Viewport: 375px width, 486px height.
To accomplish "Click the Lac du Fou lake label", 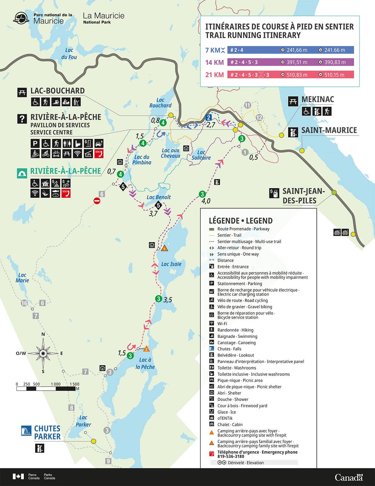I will [69, 54].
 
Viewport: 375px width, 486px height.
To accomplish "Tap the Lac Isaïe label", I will [171, 264].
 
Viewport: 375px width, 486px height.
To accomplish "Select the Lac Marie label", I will [22, 278].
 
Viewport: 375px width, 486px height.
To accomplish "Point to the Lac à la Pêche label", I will [145, 363].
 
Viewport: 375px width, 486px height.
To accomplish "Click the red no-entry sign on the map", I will [97, 201].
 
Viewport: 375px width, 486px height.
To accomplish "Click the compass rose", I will [43, 353].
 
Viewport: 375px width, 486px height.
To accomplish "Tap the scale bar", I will [46, 389].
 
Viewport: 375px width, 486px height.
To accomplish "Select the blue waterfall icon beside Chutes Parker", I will [26, 431].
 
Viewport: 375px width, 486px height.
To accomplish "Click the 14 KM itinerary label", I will [214, 62].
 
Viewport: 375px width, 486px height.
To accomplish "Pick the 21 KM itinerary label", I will [214, 75].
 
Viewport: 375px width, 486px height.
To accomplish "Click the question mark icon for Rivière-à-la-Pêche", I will [22, 119].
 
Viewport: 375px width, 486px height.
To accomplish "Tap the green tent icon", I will [22, 173].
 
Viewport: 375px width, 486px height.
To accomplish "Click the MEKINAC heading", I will [317, 100].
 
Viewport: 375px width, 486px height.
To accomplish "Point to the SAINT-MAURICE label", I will [329, 130].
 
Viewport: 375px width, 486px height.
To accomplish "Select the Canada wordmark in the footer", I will [349, 477].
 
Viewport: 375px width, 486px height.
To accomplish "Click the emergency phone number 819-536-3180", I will [231, 456].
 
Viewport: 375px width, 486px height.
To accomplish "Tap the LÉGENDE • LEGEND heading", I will [241, 221].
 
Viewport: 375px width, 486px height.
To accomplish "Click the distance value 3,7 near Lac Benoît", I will [153, 214].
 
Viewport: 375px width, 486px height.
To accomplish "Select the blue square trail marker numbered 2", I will [209, 118].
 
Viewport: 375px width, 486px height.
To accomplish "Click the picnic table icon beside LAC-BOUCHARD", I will [22, 92].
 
